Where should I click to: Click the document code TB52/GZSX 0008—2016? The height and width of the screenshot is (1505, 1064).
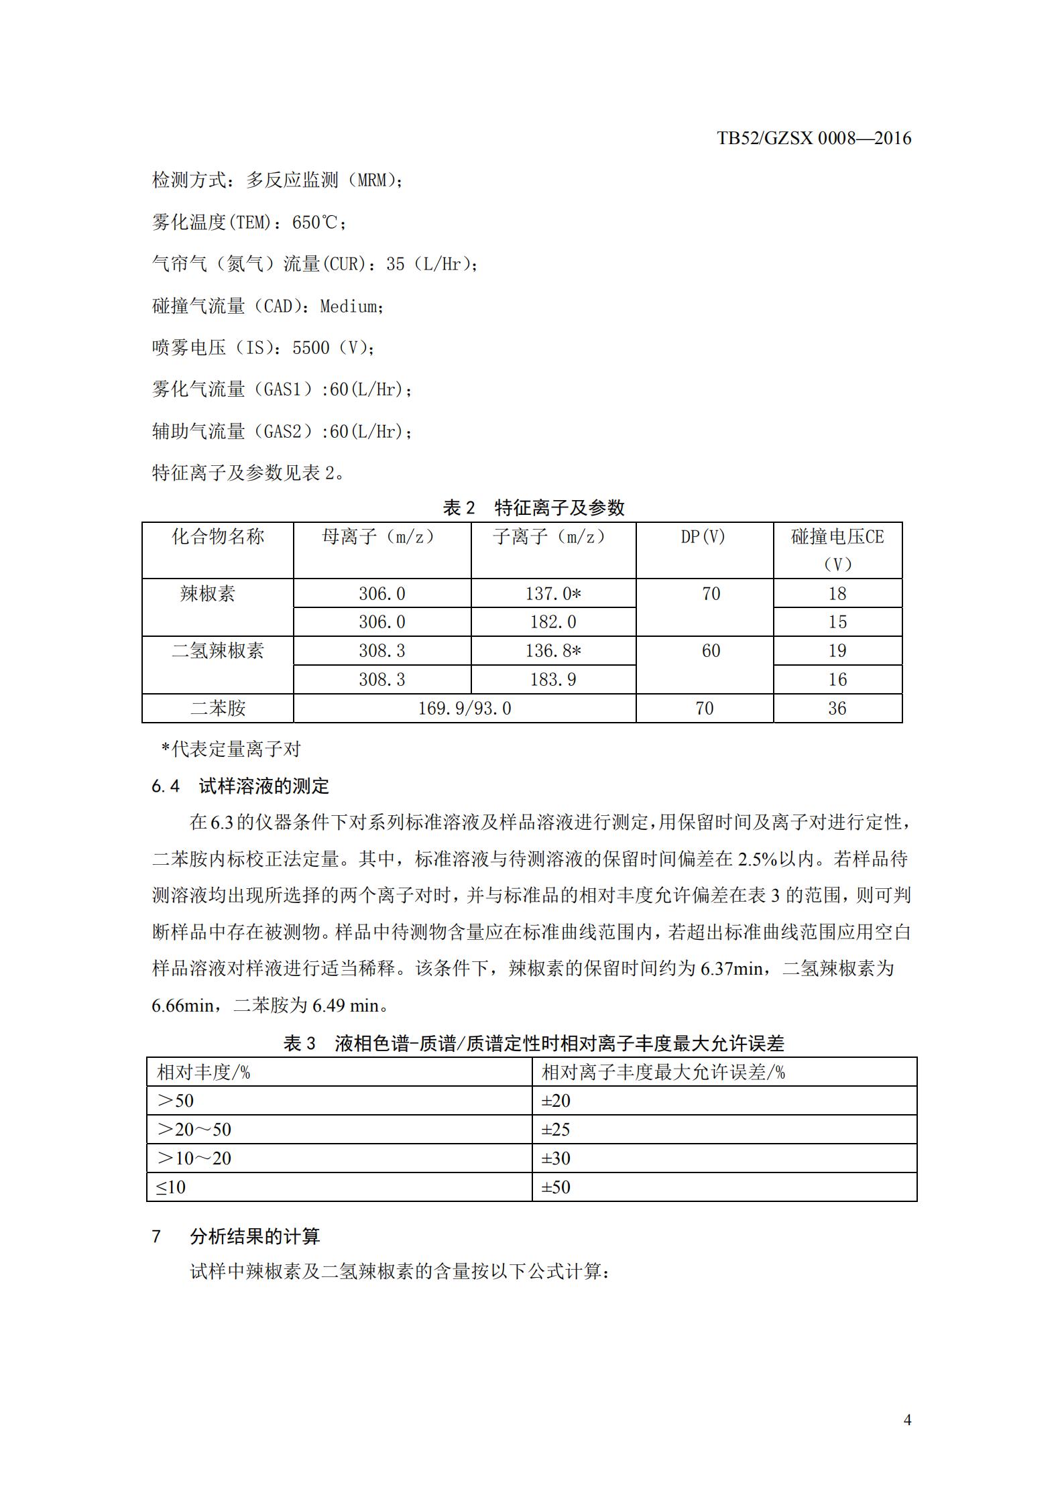814,139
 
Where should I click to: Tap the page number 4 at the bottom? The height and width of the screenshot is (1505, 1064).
907,1419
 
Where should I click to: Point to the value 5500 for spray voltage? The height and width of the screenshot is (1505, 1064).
311,348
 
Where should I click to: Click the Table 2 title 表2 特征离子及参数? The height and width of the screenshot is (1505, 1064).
533,507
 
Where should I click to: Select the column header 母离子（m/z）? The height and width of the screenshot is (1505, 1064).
381,536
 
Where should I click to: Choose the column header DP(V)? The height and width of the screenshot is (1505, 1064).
703,536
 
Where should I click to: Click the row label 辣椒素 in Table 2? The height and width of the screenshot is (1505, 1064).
208,594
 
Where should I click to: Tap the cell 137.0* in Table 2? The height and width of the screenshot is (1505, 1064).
553,594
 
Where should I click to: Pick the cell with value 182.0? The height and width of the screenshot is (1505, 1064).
553,622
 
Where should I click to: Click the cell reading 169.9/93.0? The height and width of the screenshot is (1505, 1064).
465,709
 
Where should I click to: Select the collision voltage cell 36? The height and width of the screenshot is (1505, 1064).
837,709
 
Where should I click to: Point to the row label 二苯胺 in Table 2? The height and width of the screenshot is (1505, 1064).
218,709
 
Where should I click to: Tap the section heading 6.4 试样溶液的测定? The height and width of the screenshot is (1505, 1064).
241,786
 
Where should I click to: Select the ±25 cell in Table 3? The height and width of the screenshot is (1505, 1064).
556,1130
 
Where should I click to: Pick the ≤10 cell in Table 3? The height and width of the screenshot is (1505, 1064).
171,1187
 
